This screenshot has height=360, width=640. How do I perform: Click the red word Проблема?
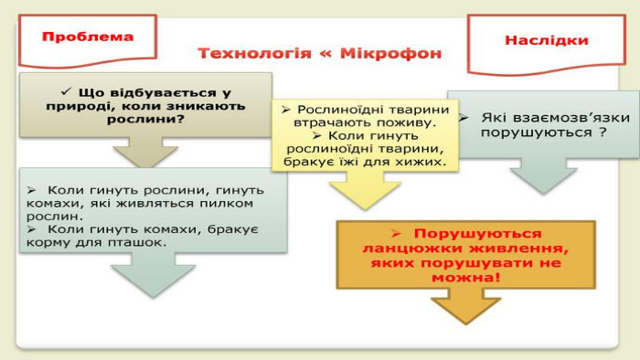88,37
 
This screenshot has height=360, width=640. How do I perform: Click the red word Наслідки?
547,40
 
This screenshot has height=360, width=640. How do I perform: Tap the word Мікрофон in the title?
391,53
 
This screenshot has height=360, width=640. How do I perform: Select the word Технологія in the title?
254,53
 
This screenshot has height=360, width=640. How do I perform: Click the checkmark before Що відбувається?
66,91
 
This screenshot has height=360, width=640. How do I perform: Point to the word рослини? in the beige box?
145,120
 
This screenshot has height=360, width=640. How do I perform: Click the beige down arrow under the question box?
145,152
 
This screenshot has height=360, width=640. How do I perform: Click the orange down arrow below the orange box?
465,306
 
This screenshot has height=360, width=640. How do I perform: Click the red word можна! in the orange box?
465,278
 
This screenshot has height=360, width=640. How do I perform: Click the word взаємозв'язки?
556,118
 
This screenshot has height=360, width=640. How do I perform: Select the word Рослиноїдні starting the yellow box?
338,110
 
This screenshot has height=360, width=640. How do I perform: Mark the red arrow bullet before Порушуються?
396,234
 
